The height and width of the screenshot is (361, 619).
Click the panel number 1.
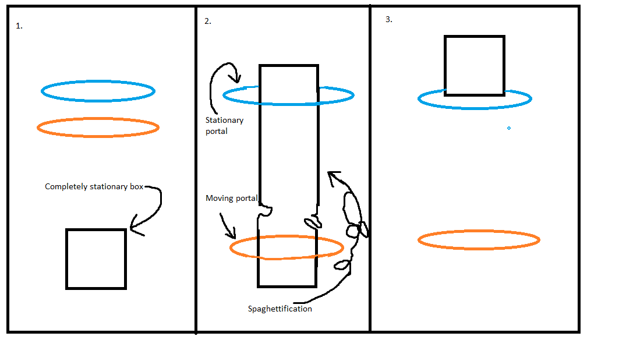[19, 27]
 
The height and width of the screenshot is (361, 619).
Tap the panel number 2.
[208, 22]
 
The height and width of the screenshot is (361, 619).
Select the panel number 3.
[389, 20]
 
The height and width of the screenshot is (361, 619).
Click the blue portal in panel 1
[98, 83]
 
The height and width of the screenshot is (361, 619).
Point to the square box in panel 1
[96, 259]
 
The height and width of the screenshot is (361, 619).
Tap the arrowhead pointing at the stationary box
[135, 229]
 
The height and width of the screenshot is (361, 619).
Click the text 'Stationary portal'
[224, 126]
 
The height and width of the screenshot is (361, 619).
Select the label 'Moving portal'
[231, 199]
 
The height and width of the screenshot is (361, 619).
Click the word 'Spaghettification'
[280, 309]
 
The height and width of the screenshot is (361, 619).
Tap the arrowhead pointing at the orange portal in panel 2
[233, 236]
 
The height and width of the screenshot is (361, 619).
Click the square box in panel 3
[475, 65]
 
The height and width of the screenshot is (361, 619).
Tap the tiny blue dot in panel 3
[509, 128]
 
